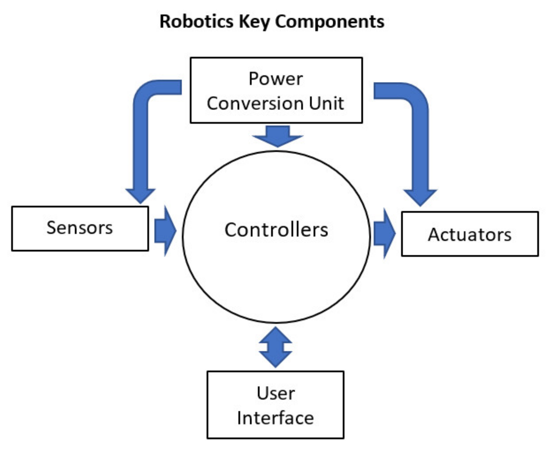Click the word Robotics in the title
pyautogui.click(x=196, y=22)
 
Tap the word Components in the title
pyautogui.click(x=330, y=22)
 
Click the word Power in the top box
pyautogui.click(x=275, y=79)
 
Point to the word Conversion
pyautogui.click(x=255, y=103)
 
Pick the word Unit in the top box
pyautogui.click(x=326, y=103)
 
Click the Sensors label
pyautogui.click(x=80, y=228)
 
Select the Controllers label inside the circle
pyautogui.click(x=276, y=230)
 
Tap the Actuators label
pyautogui.click(x=469, y=235)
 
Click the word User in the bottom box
pyautogui.click(x=275, y=393)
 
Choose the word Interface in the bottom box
pyautogui.click(x=275, y=418)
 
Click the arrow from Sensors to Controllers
pyautogui.click(x=165, y=231)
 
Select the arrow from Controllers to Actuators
pyautogui.click(x=384, y=233)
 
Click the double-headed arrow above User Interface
pyautogui.click(x=275, y=347)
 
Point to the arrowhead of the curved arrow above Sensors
pyautogui.click(x=141, y=196)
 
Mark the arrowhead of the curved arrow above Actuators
pyautogui.click(x=420, y=197)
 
